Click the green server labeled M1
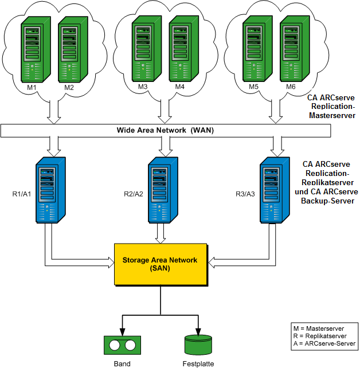[x=33, y=48]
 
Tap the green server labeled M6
[x=292, y=48]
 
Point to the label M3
[x=143, y=87]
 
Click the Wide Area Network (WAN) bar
[x=166, y=131]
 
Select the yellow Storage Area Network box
[x=160, y=264]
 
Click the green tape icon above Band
[x=122, y=345]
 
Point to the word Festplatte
[x=198, y=363]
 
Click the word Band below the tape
[x=122, y=363]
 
